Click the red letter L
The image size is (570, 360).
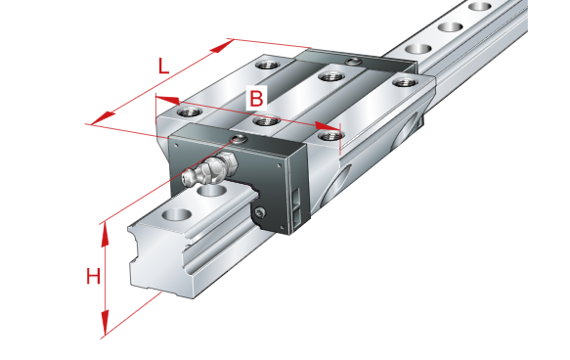(x=163, y=66)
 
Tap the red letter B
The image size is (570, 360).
(x=256, y=98)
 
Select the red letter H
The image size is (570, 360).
(x=93, y=277)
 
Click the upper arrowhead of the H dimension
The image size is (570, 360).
(x=105, y=235)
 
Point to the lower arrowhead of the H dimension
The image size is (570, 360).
(x=105, y=322)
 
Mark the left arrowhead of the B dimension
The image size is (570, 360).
(x=167, y=100)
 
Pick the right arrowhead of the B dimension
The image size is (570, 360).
(x=328, y=126)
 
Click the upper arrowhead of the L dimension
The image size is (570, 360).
(x=222, y=46)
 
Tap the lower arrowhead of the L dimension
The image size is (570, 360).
(x=103, y=118)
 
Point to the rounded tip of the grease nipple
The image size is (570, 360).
(x=186, y=179)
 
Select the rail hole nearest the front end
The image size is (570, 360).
(x=177, y=214)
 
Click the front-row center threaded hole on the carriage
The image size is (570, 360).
(x=266, y=121)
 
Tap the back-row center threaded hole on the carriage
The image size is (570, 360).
(x=330, y=76)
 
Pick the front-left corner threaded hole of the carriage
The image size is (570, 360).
(x=190, y=112)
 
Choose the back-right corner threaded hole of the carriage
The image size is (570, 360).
(x=405, y=82)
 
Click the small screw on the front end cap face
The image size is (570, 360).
(x=260, y=212)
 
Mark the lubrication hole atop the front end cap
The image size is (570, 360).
(x=240, y=139)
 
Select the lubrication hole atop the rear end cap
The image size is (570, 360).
(x=352, y=62)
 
